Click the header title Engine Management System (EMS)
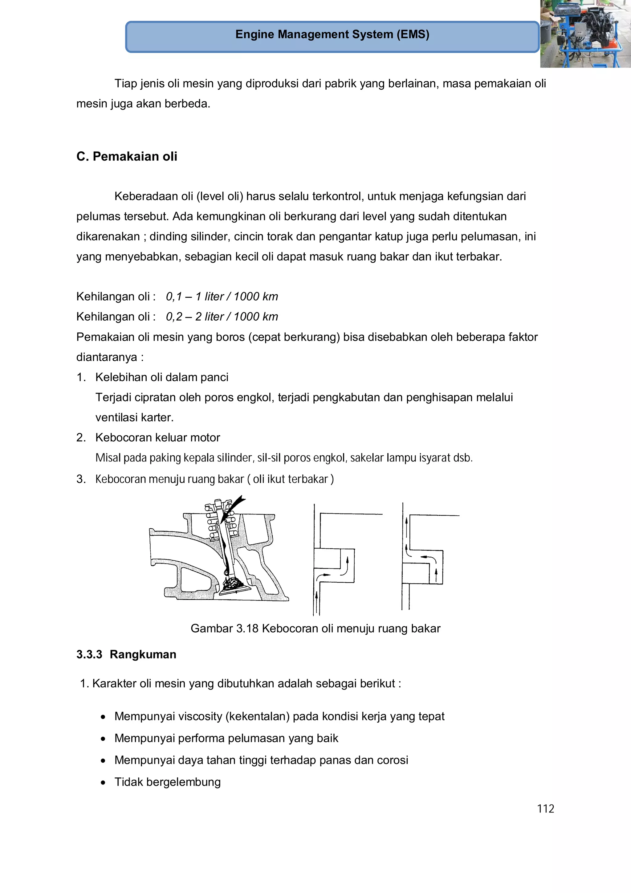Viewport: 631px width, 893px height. (x=332, y=35)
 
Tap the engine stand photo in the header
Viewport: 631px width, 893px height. (x=585, y=34)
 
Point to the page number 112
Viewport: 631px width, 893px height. (x=545, y=809)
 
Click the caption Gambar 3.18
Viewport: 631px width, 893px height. (x=224, y=629)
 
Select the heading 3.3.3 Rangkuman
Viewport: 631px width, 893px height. (x=126, y=655)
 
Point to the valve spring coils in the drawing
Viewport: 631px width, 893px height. (x=212, y=523)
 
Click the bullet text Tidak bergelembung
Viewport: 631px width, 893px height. (x=167, y=782)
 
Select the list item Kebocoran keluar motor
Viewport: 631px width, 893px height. (x=157, y=437)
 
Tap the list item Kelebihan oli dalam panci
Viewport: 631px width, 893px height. (x=162, y=377)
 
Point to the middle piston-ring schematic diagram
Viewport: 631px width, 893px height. (x=334, y=560)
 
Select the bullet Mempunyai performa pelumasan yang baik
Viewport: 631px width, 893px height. (x=226, y=738)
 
